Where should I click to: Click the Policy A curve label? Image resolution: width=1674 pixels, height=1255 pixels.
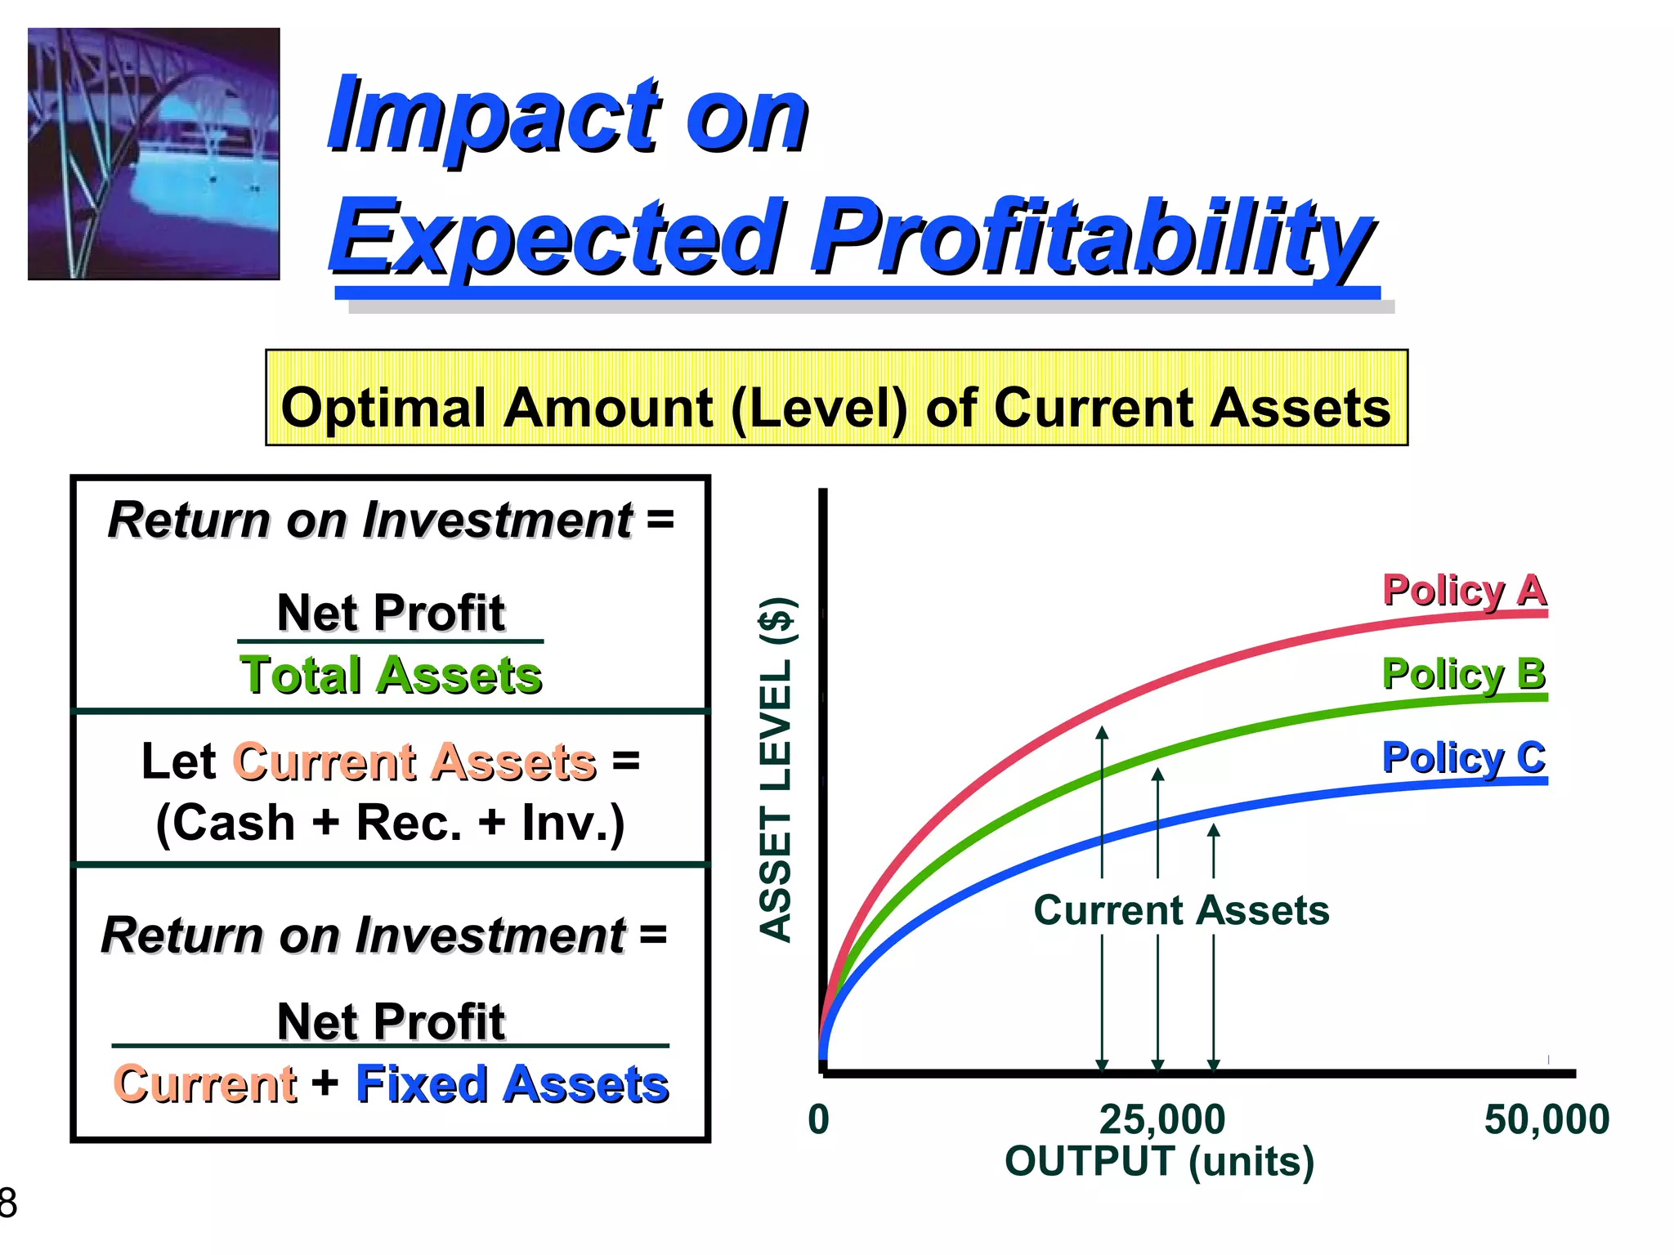click(1464, 590)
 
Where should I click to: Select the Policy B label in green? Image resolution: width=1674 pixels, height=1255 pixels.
click(1464, 674)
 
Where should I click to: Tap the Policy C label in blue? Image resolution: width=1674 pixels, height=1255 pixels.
click(1464, 757)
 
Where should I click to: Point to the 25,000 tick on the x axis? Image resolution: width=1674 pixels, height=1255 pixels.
click(1162, 1119)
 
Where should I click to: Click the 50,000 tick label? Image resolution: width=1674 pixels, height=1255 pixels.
click(1546, 1119)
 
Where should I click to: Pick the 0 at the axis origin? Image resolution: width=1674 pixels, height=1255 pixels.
click(818, 1119)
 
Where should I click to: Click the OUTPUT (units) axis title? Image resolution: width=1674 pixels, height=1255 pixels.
click(1159, 1161)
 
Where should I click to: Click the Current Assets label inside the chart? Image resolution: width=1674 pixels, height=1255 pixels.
click(1181, 910)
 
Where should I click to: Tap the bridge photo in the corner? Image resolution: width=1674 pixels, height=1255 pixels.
click(154, 154)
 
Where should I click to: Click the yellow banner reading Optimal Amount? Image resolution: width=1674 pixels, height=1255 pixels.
click(836, 398)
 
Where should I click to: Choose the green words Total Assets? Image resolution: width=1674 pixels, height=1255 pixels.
click(391, 675)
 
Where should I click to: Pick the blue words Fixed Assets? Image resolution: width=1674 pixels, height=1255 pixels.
click(512, 1084)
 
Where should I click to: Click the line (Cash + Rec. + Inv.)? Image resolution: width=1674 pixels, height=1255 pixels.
click(391, 822)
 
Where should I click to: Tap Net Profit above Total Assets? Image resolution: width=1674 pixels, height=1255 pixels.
click(391, 613)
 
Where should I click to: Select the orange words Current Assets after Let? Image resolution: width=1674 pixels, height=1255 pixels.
click(414, 761)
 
